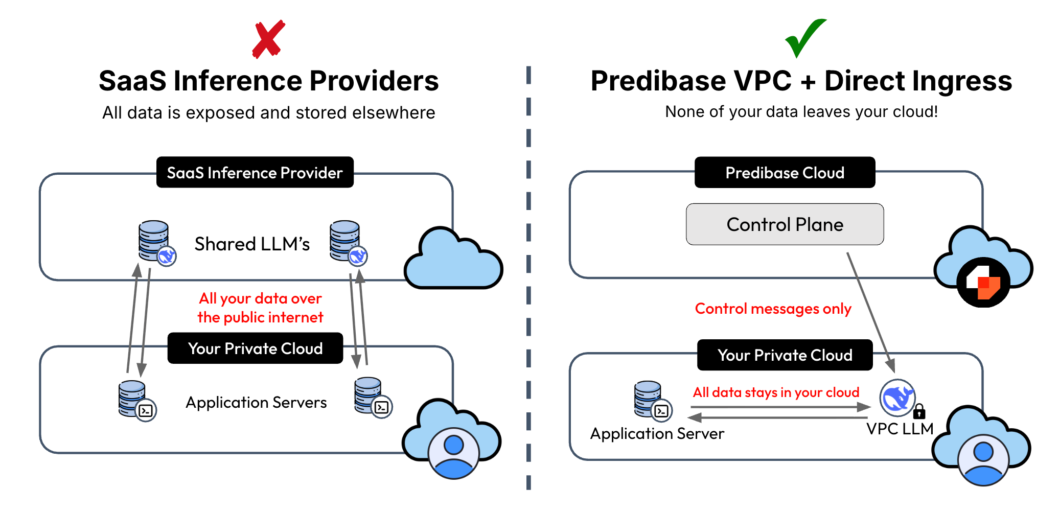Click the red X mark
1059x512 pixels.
tap(268, 39)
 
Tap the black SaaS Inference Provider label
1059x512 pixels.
tap(255, 173)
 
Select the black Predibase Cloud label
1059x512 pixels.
tap(785, 173)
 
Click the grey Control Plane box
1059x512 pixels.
tap(785, 224)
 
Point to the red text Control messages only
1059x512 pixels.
tap(773, 309)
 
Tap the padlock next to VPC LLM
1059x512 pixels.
tap(919, 411)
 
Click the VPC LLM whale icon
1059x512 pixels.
tap(897, 398)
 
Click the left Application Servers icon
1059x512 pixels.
tap(136, 400)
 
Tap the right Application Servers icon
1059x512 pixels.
tap(372, 397)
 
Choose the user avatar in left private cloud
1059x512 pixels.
tap(453, 453)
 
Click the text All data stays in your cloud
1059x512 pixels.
tap(776, 392)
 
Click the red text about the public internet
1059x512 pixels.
tap(260, 308)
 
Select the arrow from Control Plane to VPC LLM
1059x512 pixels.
tap(870, 312)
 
